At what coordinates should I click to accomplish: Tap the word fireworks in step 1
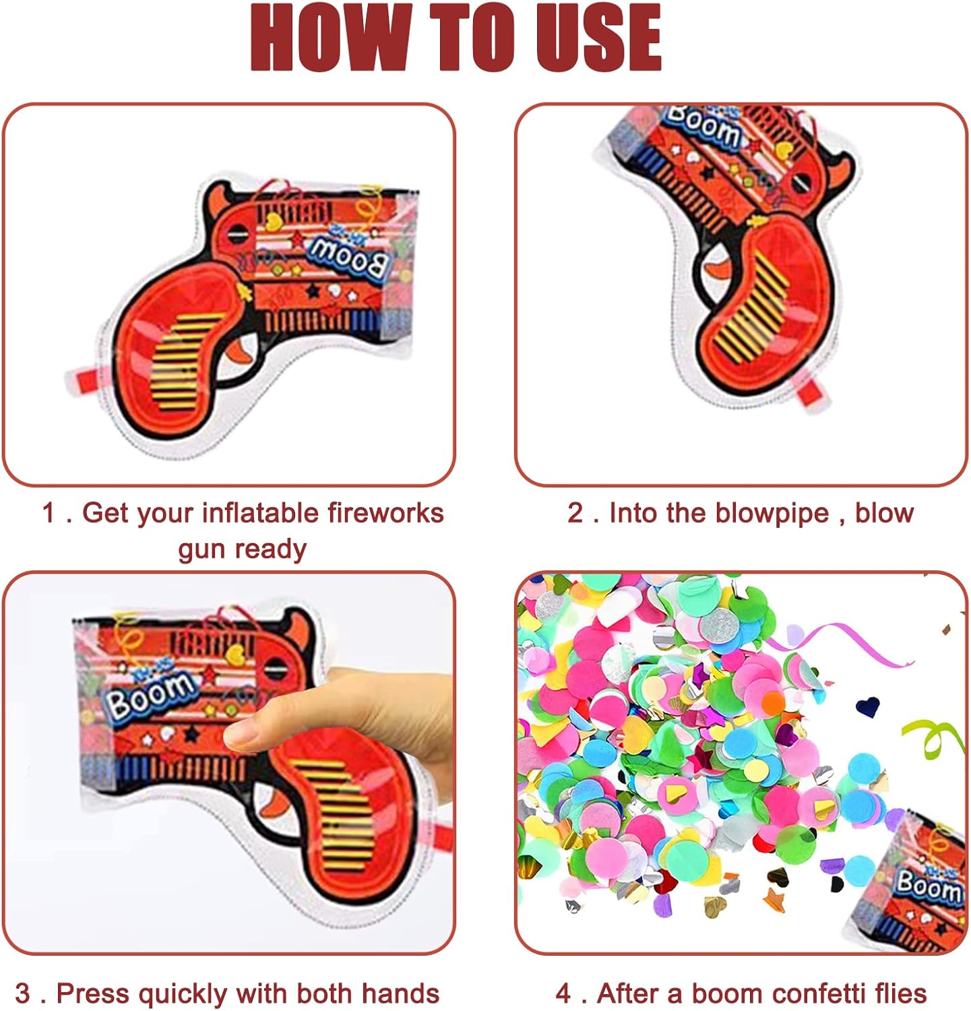[385, 513]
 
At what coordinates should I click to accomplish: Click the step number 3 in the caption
[22, 994]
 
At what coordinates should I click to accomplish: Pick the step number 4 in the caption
[564, 994]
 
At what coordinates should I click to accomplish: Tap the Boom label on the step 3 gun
[149, 694]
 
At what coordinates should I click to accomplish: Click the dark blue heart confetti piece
[868, 706]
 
